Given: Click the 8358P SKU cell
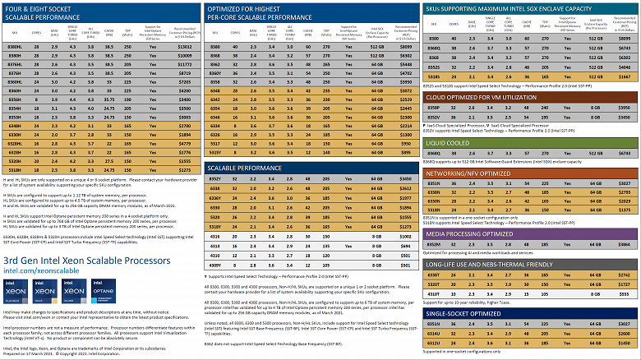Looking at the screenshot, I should [435, 108].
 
